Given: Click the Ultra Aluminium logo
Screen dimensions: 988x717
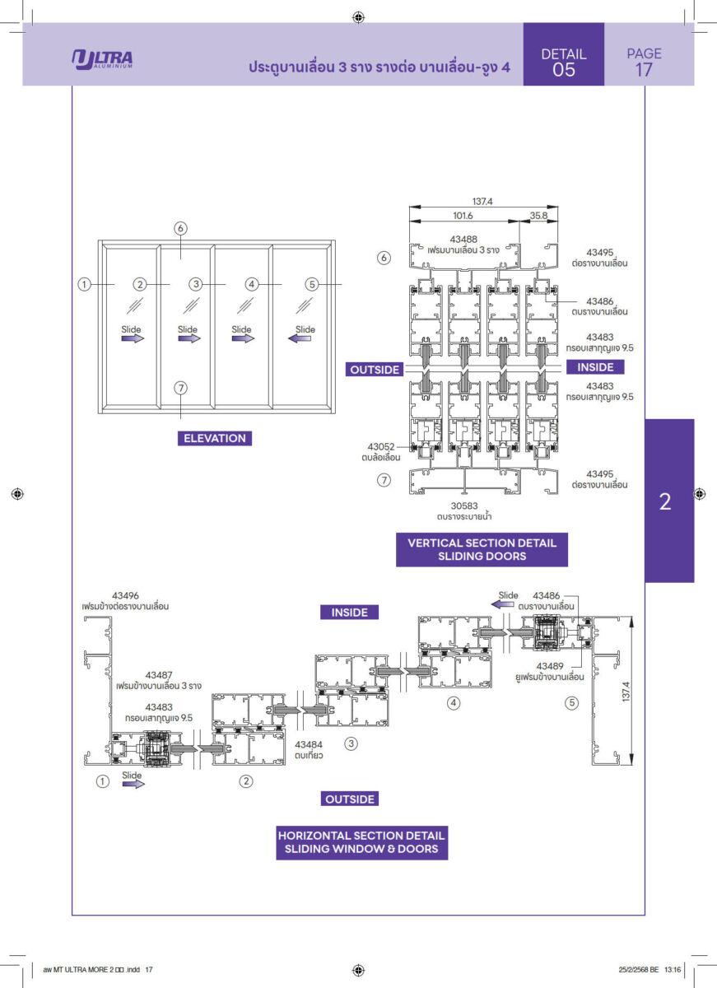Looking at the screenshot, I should point(103,59).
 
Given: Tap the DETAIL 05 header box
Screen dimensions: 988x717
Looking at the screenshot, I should point(564,62).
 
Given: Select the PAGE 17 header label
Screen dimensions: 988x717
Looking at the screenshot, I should point(644,62).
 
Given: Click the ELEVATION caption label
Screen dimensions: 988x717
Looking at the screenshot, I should point(215,438).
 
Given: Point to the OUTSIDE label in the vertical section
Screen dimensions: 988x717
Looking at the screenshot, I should point(375,370).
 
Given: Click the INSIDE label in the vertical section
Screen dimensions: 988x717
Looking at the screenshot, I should point(595,366).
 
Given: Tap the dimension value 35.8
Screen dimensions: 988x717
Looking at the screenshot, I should point(538,216).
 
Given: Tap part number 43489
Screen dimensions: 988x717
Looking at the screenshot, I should point(551,665).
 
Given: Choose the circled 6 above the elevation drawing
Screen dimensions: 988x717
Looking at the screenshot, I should point(181,228).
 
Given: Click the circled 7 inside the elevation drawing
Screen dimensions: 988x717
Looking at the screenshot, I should point(181,387).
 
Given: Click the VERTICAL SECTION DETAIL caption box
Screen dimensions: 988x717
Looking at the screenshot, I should point(482,549).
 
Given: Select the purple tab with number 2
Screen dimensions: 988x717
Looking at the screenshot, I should point(665,501).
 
